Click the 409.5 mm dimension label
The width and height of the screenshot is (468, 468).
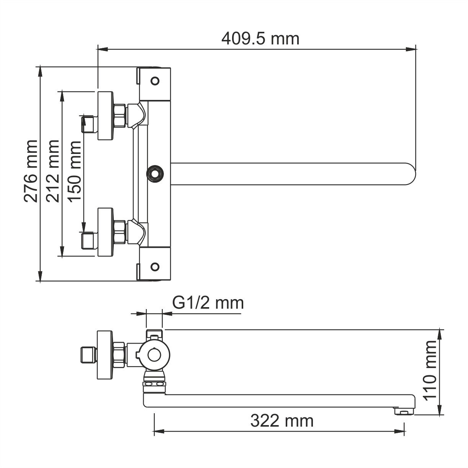tap(260, 38)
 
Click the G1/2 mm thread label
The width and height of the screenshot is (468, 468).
tap(208, 303)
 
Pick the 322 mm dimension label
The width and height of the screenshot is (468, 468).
tap(282, 421)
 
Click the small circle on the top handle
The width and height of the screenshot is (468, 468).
tap(155, 81)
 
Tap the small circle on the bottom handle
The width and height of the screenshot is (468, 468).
tap(155, 267)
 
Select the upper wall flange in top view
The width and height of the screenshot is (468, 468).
tap(105, 116)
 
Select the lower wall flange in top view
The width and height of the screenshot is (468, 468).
tap(105, 232)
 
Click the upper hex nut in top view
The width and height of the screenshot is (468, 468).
tap(120, 116)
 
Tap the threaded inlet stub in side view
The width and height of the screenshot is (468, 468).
tap(88, 355)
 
